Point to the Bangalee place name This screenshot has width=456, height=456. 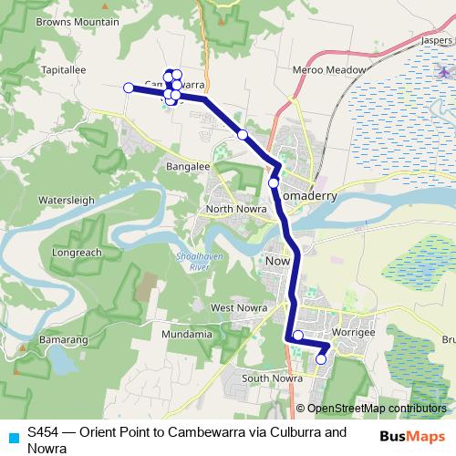click(189, 167)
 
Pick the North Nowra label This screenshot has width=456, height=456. click(235, 209)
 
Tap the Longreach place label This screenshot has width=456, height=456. click(78, 253)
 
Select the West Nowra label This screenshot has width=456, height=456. click(238, 308)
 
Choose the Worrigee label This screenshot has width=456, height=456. click(354, 335)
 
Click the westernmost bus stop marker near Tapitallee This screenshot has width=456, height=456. click(128, 88)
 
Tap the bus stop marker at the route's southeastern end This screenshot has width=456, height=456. click(321, 359)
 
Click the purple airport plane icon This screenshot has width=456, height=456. click(443, 72)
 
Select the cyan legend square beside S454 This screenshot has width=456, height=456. click(11, 434)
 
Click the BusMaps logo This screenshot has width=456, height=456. click(419, 436)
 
